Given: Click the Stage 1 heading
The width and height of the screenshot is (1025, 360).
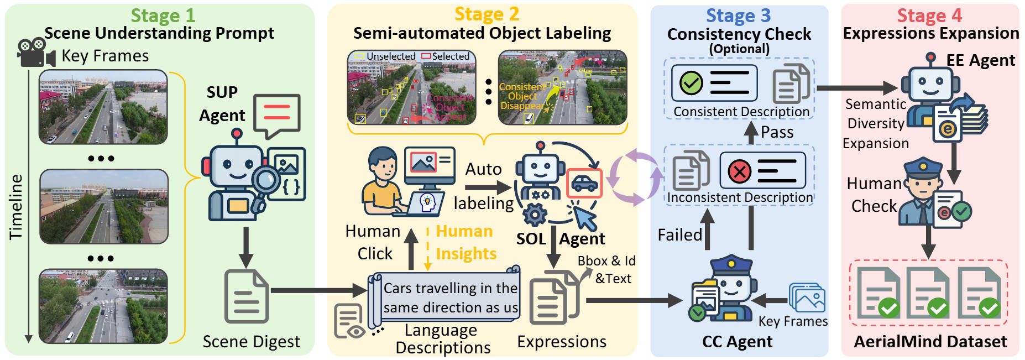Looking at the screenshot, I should [163, 15].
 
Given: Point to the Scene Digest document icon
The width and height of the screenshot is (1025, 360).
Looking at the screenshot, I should [247, 296].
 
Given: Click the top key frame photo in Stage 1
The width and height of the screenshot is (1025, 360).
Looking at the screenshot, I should [103, 107].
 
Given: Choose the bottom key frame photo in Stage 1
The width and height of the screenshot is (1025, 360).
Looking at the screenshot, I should [103, 306].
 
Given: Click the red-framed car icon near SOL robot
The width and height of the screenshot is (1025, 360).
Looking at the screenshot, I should [584, 183].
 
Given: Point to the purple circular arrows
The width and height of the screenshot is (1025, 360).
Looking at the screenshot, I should [634, 177].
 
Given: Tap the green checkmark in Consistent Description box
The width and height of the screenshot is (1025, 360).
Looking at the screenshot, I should [691, 84].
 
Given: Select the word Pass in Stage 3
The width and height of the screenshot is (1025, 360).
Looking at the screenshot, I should [777, 132].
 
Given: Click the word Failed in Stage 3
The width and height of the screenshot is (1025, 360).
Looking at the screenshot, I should [679, 235].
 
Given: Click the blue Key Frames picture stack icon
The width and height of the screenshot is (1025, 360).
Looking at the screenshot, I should [807, 299].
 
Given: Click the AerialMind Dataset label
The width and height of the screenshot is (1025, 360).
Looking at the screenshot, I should [930, 342].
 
